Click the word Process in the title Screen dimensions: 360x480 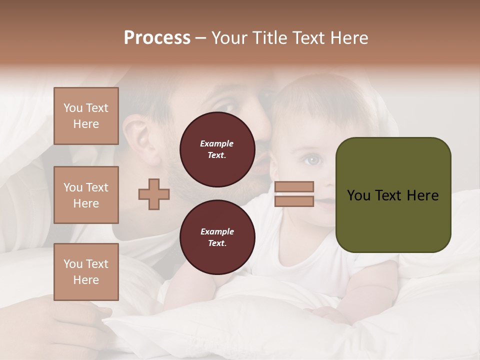[157, 38]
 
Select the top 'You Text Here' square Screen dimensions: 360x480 [86, 116]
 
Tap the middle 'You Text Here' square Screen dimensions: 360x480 [86, 195]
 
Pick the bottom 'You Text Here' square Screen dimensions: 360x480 [86, 272]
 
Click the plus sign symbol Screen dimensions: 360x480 [153, 194]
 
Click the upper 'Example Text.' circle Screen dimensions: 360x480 [217, 149]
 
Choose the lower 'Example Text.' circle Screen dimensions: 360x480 [217, 237]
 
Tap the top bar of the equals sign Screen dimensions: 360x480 [294, 186]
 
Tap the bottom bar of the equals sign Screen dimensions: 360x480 [294, 201]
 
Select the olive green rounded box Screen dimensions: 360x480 [393, 195]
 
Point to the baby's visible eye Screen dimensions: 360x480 [312, 160]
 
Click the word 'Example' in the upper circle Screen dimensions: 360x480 [216, 143]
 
